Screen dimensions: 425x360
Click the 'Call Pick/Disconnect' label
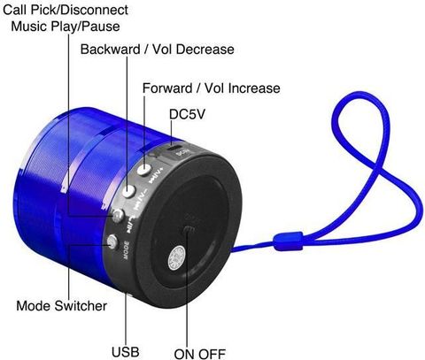(66, 10)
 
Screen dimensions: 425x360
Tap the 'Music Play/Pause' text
(66, 27)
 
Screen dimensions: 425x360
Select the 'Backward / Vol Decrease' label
(158, 50)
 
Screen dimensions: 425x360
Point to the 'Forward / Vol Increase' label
(212, 88)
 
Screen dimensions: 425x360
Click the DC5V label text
(187, 114)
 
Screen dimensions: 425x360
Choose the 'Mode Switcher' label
(62, 306)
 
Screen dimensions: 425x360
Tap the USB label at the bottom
(126, 352)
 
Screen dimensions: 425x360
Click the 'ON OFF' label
(200, 354)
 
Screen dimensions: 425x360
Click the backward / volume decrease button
(128, 191)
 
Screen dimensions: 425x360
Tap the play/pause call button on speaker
(118, 216)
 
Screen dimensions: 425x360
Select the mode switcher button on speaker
(112, 241)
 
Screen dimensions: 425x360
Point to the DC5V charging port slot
(174, 147)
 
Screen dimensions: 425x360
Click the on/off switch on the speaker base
(189, 230)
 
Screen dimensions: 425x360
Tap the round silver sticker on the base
(176, 257)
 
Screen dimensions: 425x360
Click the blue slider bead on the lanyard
(288, 241)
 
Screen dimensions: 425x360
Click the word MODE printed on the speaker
(126, 250)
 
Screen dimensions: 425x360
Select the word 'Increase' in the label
(254, 88)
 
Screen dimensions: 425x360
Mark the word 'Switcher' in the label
(81, 306)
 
